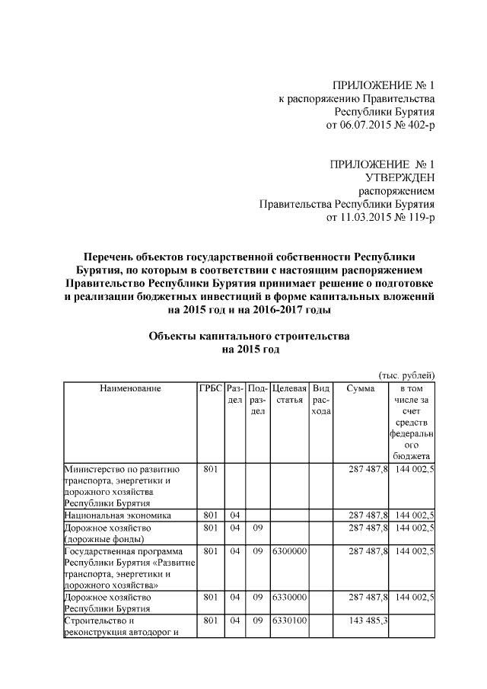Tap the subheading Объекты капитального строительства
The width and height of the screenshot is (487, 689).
(x=250, y=337)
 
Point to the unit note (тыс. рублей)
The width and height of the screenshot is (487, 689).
(x=406, y=375)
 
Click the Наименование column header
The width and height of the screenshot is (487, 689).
(x=130, y=388)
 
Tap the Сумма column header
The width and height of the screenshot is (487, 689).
(x=360, y=388)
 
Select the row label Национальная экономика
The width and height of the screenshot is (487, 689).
(x=116, y=515)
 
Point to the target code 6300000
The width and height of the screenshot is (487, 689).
(x=288, y=550)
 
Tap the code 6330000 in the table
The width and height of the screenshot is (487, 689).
(x=288, y=598)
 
